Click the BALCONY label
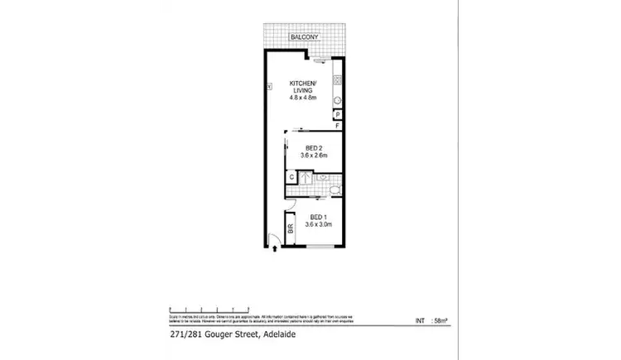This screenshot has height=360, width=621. pos(303,38)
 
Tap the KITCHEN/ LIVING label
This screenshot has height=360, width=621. pos(303,87)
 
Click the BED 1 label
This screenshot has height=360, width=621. pos(318,217)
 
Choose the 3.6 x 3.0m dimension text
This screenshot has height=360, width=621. pos(318,224)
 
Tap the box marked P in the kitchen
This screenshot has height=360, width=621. pos(339,114)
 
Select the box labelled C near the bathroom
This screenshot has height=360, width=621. pos(291,176)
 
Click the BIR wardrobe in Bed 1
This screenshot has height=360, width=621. pos(291,230)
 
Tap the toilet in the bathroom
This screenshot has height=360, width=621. pos(331,190)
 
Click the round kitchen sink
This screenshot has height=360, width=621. pos(338,101)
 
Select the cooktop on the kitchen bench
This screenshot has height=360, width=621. pos(338,81)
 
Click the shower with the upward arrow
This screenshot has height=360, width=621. pos(306,176)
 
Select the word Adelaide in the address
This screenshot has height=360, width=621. pos(279,335)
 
